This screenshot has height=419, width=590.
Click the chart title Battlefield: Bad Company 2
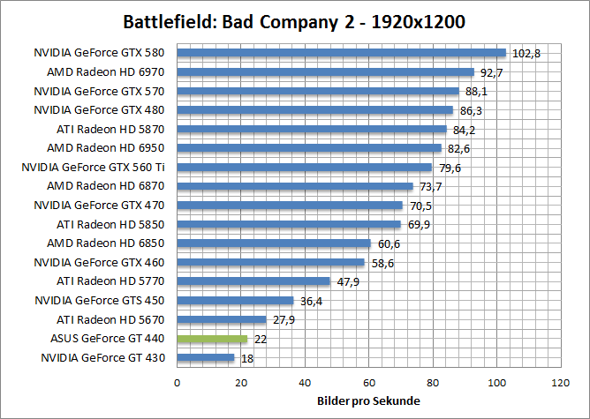pyautogui.click(x=294, y=19)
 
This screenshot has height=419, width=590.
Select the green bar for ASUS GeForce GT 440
pyautogui.click(x=212, y=339)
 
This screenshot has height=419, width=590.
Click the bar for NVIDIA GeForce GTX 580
pyautogui.click(x=341, y=53)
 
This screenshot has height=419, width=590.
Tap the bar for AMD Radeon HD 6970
pyautogui.click(x=325, y=72)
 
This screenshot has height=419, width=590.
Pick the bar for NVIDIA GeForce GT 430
pyautogui.click(x=206, y=358)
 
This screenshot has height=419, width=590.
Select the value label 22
pyautogui.click(x=261, y=340)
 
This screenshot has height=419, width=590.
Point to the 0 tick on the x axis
pyautogui.click(x=178, y=383)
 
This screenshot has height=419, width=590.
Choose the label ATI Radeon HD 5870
pyautogui.click(x=112, y=129)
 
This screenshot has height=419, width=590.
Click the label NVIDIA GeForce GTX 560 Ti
pyautogui.click(x=94, y=167)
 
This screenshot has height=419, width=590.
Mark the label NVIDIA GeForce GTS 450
pyautogui.click(x=101, y=301)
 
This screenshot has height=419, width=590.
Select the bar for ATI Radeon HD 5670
pyautogui.click(x=222, y=320)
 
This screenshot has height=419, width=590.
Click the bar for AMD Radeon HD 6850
pyautogui.click(x=274, y=243)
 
